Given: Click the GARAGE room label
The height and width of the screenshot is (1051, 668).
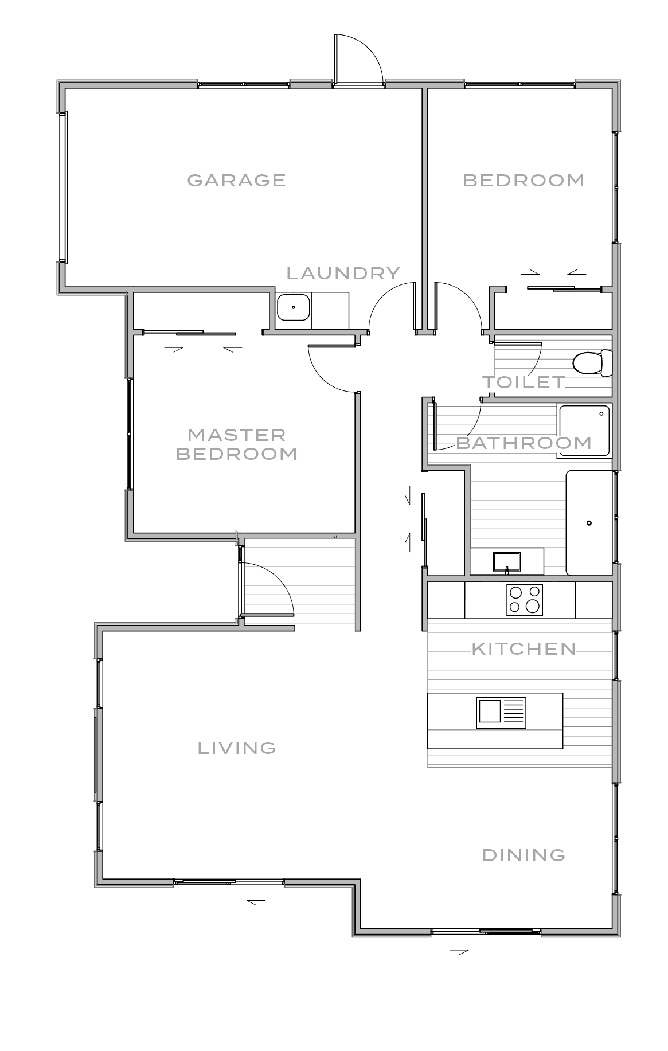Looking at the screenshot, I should coord(236,180).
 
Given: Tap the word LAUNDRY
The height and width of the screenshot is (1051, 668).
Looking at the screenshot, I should coord(343,273).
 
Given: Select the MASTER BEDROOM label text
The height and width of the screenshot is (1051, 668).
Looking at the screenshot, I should coord(236,444).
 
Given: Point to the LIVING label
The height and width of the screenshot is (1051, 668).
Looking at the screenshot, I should coord(237,748).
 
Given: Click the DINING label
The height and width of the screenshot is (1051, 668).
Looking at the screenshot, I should coord(524,855).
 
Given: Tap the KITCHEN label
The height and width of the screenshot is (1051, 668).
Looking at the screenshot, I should coord(524,648).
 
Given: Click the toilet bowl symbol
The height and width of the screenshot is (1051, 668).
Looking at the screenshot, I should coord(591,363).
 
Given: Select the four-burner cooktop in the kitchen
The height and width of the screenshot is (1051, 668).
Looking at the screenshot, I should coord(524,600).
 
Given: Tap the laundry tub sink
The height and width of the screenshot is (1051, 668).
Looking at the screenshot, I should coord(293,308).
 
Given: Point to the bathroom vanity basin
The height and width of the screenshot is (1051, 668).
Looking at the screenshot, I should coord(507,561).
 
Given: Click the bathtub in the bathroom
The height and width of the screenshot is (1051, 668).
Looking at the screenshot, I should coord(589,522).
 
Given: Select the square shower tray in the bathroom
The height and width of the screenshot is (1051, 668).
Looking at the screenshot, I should coord(584,431).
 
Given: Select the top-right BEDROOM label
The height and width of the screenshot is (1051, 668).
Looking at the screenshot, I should coord(524,180).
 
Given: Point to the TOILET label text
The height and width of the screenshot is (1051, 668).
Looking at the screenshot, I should coord(524,382).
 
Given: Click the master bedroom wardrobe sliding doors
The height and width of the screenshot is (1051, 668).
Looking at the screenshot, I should coord(189,333).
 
